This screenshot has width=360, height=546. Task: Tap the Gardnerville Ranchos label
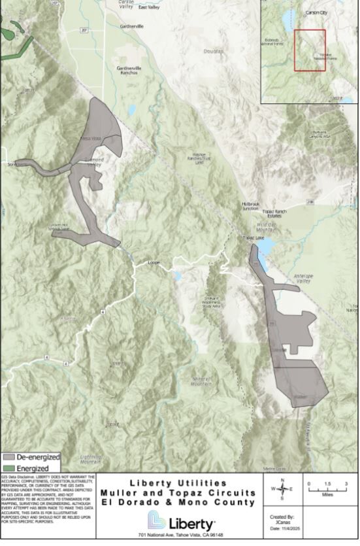[x=129, y=70]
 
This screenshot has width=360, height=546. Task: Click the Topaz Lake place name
[x=252, y=238]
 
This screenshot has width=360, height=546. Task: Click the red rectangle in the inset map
[x=310, y=50]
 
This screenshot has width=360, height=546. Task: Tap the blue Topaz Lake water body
[x=263, y=260]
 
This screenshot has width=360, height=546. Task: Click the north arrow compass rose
[x=282, y=489]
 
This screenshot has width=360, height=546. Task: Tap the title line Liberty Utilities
[x=178, y=483]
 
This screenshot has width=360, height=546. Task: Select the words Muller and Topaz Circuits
[x=178, y=492]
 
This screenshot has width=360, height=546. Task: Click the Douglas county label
[x=212, y=50]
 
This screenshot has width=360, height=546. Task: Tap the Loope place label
[x=154, y=263]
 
